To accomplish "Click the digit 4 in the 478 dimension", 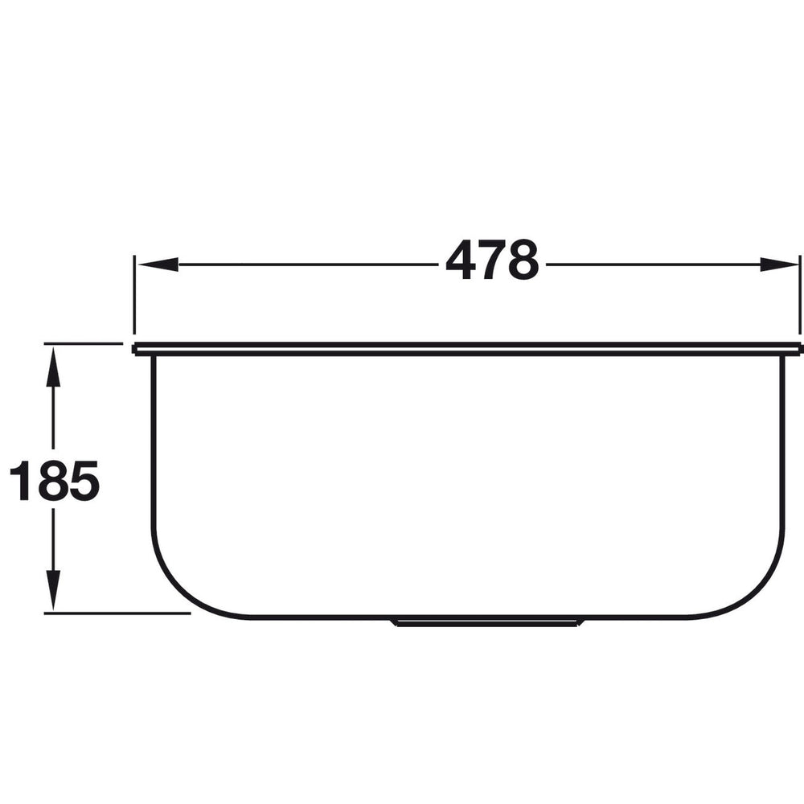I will [461, 261].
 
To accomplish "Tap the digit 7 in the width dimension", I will [492, 261].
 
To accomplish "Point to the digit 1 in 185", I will [19, 481].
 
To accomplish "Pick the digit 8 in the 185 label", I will [50, 481].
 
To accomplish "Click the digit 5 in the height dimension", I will [82, 481].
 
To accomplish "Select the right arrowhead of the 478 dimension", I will [779, 264].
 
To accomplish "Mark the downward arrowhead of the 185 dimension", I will [53, 590].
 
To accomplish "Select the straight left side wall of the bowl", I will [153, 450].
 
